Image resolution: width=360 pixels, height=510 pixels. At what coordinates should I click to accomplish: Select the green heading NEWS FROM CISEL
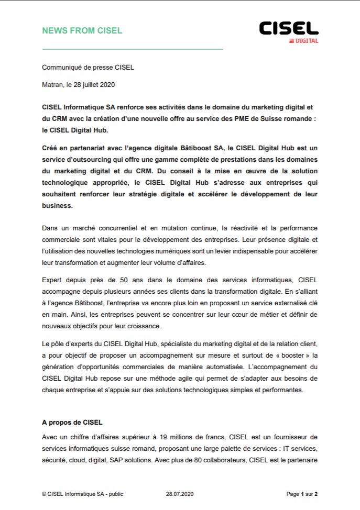click(82, 30)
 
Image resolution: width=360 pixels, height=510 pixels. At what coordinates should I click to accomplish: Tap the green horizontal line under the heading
click(132, 49)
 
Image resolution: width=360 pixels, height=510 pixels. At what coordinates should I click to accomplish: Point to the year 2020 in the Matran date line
click(107, 84)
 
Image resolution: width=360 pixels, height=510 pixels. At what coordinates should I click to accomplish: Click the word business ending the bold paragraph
click(57, 206)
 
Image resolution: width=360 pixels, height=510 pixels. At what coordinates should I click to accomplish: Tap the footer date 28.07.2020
click(180, 493)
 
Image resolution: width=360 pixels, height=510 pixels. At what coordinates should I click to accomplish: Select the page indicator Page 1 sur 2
click(302, 493)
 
